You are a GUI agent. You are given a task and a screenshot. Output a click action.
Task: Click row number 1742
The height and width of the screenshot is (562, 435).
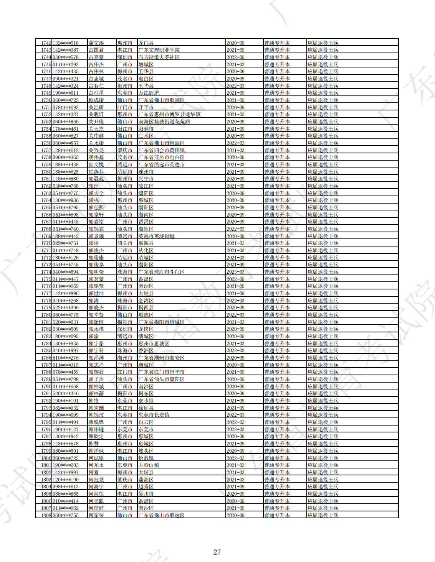pos(46,43)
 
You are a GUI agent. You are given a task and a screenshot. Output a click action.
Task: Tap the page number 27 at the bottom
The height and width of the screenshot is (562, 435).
pos(217,552)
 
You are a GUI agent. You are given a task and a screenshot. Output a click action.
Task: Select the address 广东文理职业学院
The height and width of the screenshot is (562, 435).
pos(159,50)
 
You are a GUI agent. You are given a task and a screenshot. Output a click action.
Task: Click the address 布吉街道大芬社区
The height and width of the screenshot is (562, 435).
pos(159,58)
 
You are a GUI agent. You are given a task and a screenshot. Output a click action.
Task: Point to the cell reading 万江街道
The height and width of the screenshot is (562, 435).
pos(149,93)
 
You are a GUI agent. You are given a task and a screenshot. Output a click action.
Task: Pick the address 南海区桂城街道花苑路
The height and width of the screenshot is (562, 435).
pos(164,122)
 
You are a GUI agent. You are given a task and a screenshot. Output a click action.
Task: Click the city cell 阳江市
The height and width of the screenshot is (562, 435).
pos(125,129)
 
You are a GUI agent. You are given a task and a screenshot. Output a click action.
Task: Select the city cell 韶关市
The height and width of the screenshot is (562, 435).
pos(125,243)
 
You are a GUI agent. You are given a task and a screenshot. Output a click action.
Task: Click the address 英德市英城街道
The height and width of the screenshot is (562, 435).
pos(156,237)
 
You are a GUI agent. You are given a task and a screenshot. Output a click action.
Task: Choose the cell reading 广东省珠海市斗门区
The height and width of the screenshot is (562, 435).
pos(161,272)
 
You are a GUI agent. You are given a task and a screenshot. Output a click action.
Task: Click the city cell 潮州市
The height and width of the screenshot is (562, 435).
pos(125,358)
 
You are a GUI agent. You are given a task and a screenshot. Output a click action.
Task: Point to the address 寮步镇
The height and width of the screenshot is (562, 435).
pos(146,401)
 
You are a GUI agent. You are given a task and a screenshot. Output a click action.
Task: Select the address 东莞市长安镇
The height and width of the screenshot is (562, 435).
pos(154,415)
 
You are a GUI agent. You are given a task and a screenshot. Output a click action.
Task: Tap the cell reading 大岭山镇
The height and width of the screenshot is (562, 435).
pos(149,465)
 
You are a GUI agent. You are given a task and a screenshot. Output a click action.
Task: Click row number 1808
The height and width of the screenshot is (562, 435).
pos(46,515)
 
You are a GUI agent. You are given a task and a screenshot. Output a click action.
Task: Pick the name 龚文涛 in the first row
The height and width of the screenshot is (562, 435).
pos(96,43)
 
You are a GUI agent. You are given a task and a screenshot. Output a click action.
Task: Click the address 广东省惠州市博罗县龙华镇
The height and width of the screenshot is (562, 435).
pos(169,115)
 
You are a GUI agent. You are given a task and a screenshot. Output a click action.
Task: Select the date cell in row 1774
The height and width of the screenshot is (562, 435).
pos(235,272)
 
